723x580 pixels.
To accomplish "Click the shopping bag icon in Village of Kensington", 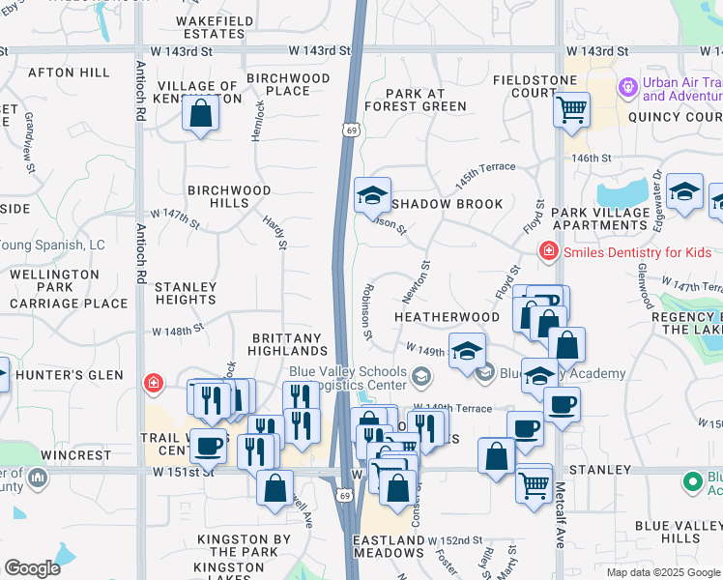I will point(200,114).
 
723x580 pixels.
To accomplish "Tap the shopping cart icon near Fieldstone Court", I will point(571,108).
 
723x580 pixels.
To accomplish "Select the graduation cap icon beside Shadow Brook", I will point(372,195).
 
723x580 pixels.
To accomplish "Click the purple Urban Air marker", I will point(628,88).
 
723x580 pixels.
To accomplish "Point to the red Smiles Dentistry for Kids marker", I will point(549,251).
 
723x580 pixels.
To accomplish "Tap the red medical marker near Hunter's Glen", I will point(153,384).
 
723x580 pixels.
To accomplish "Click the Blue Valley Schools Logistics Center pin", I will point(420,375).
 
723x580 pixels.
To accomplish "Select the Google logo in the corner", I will point(32,568).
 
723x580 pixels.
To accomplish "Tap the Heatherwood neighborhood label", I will point(446,317).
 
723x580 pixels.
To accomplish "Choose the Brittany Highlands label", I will point(286,345).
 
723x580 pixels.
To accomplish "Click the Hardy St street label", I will point(275,231).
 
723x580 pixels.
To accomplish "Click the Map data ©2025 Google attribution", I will point(662,572).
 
